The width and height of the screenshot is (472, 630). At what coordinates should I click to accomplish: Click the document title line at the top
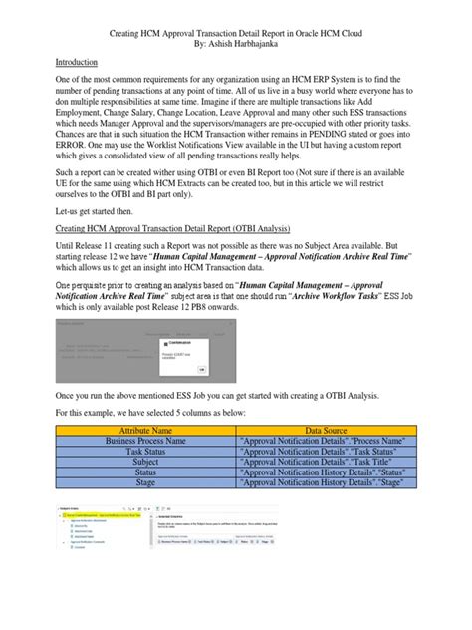(235, 31)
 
